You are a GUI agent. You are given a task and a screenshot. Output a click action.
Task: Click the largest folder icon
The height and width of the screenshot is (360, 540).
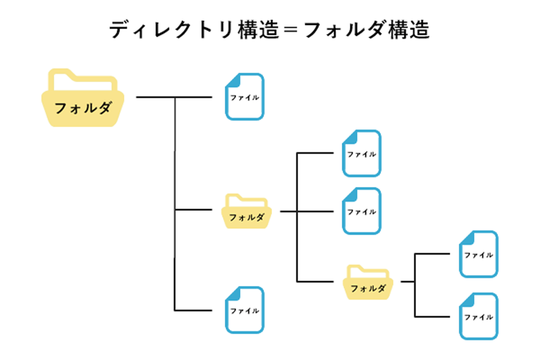[x=83, y=98]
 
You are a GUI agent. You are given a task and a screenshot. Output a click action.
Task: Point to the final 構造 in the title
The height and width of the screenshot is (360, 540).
[x=409, y=30]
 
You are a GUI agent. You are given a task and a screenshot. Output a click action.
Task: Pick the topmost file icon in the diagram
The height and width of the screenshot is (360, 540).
[x=245, y=96]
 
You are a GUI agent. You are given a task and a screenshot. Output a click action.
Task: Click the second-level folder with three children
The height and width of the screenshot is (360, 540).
[x=247, y=211]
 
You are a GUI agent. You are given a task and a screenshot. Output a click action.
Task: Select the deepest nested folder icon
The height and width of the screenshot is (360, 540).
[x=368, y=282]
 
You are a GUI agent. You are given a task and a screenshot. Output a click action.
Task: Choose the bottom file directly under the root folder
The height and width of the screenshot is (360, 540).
[x=245, y=310]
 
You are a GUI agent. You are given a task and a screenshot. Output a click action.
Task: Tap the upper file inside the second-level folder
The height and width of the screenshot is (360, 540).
[x=362, y=153]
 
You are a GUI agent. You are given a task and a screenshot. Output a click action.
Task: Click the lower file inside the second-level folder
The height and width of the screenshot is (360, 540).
[x=362, y=211]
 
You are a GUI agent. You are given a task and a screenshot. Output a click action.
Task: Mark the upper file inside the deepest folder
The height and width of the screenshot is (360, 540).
[x=478, y=254]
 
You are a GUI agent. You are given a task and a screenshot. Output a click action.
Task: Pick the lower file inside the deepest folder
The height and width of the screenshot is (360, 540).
[x=478, y=316]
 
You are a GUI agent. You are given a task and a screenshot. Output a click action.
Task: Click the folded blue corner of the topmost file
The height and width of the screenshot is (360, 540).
[x=234, y=81]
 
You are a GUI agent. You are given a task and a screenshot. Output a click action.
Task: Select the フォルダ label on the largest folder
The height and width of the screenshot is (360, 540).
[x=83, y=108]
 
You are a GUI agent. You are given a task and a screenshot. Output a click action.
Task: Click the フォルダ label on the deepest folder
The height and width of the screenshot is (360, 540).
[x=368, y=288]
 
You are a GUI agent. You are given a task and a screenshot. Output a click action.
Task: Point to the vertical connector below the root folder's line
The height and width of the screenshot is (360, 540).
[x=175, y=204]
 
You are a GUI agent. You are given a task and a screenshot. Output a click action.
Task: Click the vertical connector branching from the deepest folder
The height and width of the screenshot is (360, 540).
[x=415, y=285]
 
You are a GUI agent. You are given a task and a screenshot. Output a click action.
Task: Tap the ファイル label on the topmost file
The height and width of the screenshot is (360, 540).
[x=245, y=98]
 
